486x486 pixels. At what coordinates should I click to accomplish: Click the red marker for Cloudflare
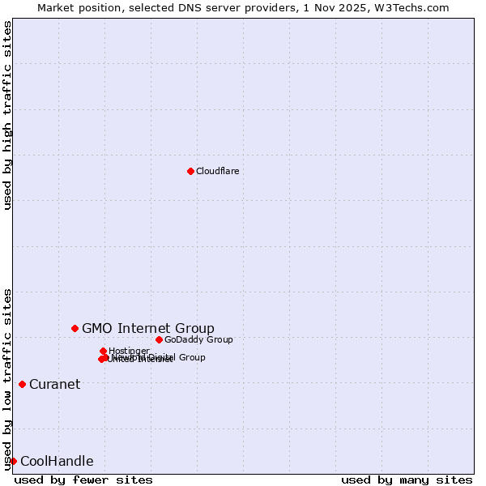pyautogui.click(x=190, y=171)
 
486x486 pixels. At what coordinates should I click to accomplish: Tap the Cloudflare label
pyautogui.click(x=217, y=171)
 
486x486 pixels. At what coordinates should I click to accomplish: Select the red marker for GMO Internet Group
pyautogui.click(x=75, y=328)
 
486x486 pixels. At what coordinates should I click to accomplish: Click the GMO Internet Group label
pyautogui.click(x=148, y=328)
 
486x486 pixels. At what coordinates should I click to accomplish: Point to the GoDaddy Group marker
pyautogui.click(x=159, y=339)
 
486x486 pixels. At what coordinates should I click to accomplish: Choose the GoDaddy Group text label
pyautogui.click(x=198, y=339)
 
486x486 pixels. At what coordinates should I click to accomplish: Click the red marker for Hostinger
pyautogui.click(x=103, y=351)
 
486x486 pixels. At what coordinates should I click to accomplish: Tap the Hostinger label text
pyautogui.click(x=129, y=351)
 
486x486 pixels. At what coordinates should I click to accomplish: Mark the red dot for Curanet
pyautogui.click(x=22, y=384)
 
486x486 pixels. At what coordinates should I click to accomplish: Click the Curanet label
pyautogui.click(x=54, y=384)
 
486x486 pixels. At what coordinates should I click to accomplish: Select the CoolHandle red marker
pyautogui.click(x=13, y=461)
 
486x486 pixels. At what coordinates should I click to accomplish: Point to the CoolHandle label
pyautogui.click(x=57, y=462)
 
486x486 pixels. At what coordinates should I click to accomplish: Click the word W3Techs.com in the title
pyautogui.click(x=413, y=7)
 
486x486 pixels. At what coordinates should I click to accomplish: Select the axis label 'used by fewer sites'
pyautogui.click(x=83, y=480)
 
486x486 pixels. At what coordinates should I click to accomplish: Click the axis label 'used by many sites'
pyautogui.click(x=407, y=480)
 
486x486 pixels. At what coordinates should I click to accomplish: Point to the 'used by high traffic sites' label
pyautogui.click(x=7, y=115)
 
